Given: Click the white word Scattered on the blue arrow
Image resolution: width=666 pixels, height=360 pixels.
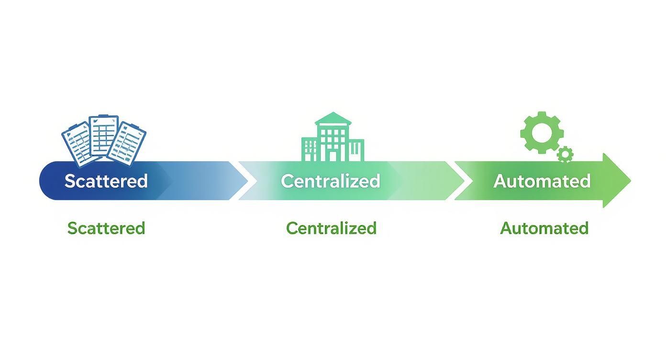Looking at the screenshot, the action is click(106, 181).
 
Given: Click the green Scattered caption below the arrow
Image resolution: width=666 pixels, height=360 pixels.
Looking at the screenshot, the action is click(106, 228).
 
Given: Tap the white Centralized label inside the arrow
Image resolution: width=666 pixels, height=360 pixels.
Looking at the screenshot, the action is click(331, 181).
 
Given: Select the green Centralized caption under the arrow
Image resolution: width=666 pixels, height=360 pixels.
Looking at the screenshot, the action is click(331, 228).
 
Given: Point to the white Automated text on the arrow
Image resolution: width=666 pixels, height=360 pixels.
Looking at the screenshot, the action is click(542, 181).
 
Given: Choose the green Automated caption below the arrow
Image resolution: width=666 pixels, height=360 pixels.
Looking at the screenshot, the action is click(544, 228).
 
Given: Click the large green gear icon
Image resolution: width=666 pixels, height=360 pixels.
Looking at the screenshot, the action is click(542, 133).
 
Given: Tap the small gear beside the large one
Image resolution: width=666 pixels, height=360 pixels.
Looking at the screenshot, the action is click(565, 155).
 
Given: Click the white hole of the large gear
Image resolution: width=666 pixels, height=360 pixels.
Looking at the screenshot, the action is click(542, 133).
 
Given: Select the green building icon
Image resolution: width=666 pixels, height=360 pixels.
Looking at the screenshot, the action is click(333, 136).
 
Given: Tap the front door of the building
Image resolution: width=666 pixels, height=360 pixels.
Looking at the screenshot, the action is click(333, 156).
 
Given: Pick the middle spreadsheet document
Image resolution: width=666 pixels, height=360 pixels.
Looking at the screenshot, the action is click(104, 135).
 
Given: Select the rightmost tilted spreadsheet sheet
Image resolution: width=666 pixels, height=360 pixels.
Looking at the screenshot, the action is click(127, 144).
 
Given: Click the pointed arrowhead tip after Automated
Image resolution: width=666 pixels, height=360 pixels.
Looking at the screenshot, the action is click(631, 180).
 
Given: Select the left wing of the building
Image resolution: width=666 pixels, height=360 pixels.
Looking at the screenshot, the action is click(309, 150).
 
